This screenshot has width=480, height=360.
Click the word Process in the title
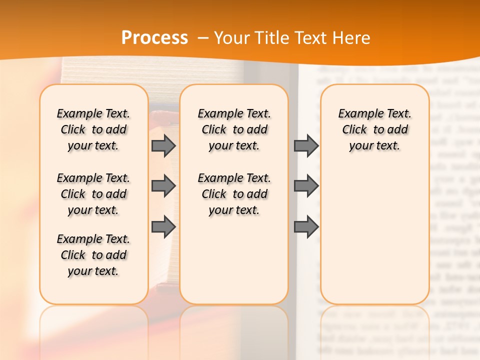(154, 38)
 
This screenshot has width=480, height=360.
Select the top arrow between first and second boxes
(163, 145)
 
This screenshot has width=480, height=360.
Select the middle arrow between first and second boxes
(163, 186)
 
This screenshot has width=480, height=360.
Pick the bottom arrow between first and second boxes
(163, 227)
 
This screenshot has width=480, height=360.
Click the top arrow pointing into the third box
(306, 145)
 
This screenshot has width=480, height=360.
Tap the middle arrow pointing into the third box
(306, 186)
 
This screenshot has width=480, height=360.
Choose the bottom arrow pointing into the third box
(306, 227)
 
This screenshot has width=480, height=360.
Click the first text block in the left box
(93, 129)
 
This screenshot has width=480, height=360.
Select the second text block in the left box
(93, 194)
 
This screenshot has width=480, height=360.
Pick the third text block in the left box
(93, 255)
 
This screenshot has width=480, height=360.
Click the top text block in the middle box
(234, 129)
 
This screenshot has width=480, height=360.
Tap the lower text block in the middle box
(234, 194)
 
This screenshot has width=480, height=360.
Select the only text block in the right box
(374, 129)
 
